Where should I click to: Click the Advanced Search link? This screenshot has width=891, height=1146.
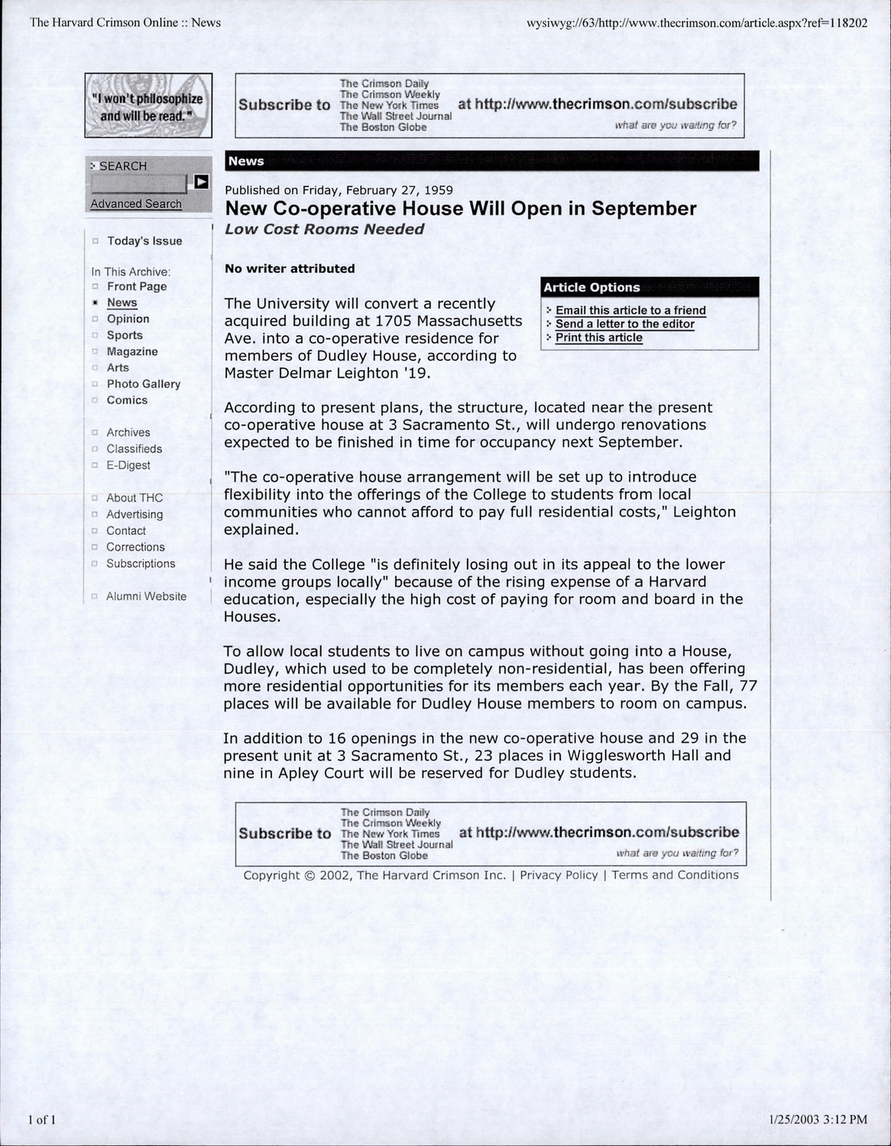click(136, 204)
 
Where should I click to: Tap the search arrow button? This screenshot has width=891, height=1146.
click(201, 182)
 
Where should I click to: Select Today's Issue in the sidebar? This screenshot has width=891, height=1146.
click(144, 241)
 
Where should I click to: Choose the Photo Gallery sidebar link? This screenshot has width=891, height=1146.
click(144, 384)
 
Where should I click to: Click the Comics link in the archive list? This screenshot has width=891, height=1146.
click(127, 400)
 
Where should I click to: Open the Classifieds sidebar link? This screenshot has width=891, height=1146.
click(134, 448)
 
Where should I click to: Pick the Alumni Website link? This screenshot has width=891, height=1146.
click(146, 596)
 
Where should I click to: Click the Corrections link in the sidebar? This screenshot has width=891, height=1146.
click(135, 547)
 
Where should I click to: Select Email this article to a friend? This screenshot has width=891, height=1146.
click(630, 310)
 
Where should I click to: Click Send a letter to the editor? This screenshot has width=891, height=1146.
click(624, 324)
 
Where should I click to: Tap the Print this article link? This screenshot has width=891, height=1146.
click(598, 338)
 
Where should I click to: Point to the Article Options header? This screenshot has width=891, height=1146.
click(591, 287)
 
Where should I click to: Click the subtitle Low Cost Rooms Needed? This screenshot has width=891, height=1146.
click(324, 229)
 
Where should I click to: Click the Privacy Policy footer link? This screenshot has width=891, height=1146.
click(559, 875)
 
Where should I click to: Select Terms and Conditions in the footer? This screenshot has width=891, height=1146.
click(675, 875)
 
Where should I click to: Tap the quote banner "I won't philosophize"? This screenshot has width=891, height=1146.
click(147, 106)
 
